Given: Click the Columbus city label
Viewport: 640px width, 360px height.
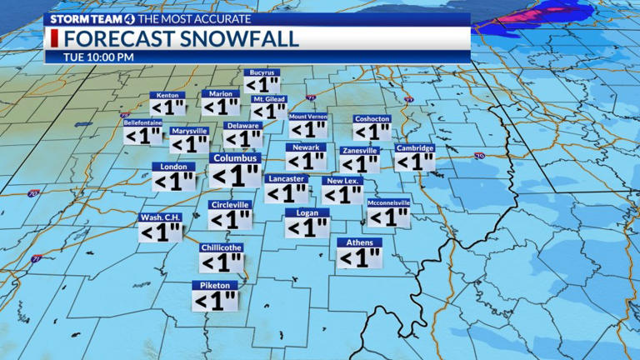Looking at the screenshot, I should tap(236, 157).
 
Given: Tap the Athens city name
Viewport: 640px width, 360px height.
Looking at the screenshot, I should tap(359, 242).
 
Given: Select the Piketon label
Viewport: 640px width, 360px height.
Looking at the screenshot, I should tap(215, 285).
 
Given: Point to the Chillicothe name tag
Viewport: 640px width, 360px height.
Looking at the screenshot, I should tap(221, 247).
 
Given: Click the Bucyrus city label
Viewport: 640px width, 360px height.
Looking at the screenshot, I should tap(262, 72).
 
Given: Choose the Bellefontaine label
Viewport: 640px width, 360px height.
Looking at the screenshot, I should tap(142, 122).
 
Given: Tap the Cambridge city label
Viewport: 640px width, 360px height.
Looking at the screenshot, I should tap(415, 148).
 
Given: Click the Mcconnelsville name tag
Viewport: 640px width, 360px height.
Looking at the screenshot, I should tap(388, 202).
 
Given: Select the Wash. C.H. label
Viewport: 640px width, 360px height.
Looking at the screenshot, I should tap(160, 217).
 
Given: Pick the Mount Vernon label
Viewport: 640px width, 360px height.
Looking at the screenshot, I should tap(308, 117).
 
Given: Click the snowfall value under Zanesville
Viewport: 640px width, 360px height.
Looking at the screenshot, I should tap(360, 164).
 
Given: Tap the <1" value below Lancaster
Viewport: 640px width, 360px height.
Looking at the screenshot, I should tap(287, 193).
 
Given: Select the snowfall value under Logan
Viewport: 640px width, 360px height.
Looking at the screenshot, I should tap(307, 227).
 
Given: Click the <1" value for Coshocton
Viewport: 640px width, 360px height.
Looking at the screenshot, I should tap(372, 132).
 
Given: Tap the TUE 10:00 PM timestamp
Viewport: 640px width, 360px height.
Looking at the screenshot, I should tap(98, 57).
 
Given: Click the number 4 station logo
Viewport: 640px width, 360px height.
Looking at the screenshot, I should tap(125, 18).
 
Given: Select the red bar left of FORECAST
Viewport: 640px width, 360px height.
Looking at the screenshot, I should tap(55, 38).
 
